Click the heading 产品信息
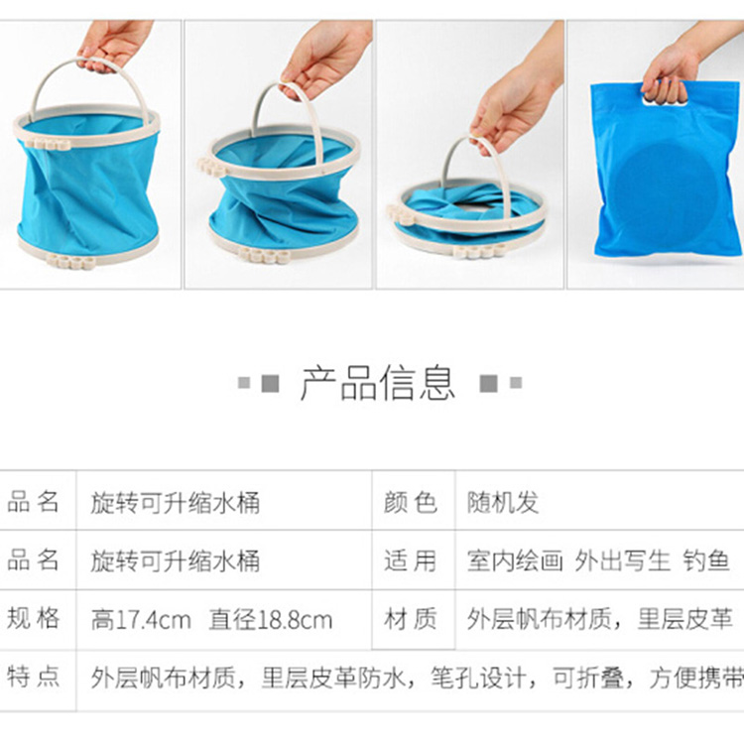pos(378,383)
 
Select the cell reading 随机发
pos(503,502)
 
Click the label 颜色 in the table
pos(411,502)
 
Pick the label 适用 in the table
pos(411,560)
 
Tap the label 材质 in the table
pos(411,619)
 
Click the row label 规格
pos(33,618)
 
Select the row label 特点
pos(33,677)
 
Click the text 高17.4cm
pos(141,620)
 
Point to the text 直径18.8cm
pos(271,620)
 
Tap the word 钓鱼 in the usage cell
pos(706,560)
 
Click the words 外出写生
pos(623,560)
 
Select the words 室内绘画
pos(515,560)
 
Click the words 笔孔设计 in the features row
pos(479,678)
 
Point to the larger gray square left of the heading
pos(271,383)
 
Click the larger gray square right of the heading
pos(489,383)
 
